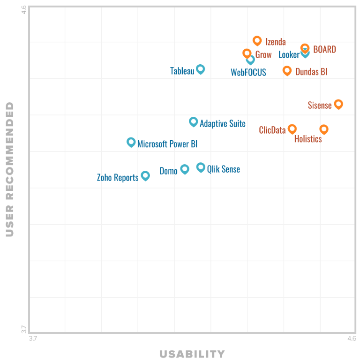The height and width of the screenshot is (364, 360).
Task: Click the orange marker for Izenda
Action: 257,41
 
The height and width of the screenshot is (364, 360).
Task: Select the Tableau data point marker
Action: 200,69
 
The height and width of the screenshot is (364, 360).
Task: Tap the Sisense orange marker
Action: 338,104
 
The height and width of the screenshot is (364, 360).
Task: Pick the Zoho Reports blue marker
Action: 145,175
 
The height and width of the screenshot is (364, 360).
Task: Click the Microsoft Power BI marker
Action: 131,142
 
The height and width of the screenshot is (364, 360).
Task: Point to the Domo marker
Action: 185,169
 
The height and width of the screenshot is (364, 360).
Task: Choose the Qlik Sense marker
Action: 201,167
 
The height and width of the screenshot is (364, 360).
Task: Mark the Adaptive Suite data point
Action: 193,121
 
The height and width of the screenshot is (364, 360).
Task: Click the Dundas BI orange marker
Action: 287,70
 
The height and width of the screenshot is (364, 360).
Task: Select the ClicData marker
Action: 292,129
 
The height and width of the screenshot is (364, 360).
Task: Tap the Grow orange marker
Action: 247,53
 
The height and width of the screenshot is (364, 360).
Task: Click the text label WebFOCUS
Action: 248,72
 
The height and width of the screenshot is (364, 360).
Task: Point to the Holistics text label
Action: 308,139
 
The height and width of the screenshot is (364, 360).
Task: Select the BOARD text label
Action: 324,50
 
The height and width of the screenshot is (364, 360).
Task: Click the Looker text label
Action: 289,55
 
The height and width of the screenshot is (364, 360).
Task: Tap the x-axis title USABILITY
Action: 192,354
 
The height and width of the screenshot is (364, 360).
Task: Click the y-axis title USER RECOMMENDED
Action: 10,169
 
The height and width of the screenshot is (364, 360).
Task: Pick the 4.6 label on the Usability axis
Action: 351,338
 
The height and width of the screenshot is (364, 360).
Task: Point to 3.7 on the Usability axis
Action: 32,338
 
